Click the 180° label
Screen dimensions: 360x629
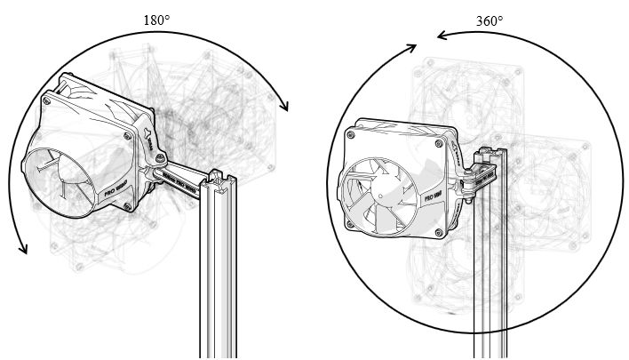[157, 19]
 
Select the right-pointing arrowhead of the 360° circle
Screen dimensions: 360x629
[410, 47]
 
